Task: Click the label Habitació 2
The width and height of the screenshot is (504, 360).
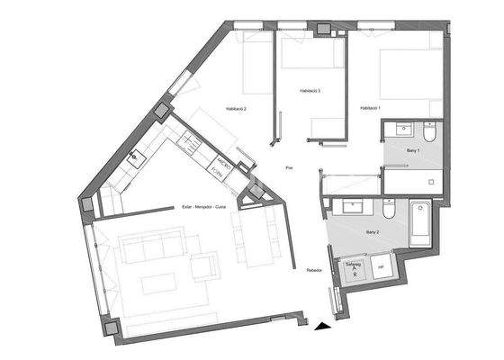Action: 230,109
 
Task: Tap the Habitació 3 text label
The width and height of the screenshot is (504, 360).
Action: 310,91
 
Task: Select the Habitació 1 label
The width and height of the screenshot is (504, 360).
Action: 371,109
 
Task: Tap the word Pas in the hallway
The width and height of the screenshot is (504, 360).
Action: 289,168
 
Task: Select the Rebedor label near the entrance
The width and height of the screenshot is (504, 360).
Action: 314,270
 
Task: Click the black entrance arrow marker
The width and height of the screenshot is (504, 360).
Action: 321,327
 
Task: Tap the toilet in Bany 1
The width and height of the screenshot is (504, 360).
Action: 429,134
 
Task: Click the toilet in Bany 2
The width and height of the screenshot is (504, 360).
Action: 389,210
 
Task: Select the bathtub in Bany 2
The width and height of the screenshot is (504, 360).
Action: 419,225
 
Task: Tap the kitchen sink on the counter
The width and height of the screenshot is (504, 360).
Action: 135,157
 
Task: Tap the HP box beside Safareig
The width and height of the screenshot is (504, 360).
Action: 381,268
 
